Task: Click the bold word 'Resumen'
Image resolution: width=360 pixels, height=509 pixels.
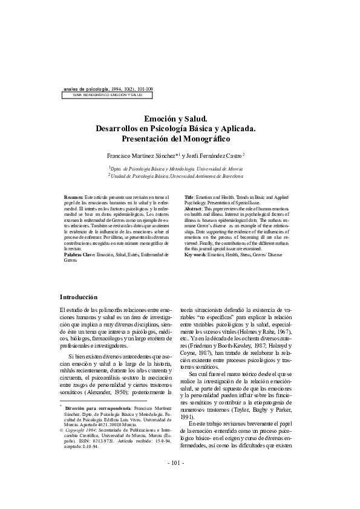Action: tap(74, 198)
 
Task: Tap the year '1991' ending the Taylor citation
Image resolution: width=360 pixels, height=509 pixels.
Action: tap(188, 417)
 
